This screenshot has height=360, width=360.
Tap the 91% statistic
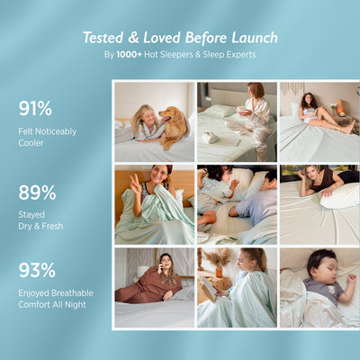(36, 109)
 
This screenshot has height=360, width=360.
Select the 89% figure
(37, 193)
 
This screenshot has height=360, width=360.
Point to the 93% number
(37, 270)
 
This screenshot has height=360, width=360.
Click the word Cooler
(31, 143)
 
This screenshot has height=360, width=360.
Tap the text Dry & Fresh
(40, 226)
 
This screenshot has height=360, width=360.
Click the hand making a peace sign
(134, 185)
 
